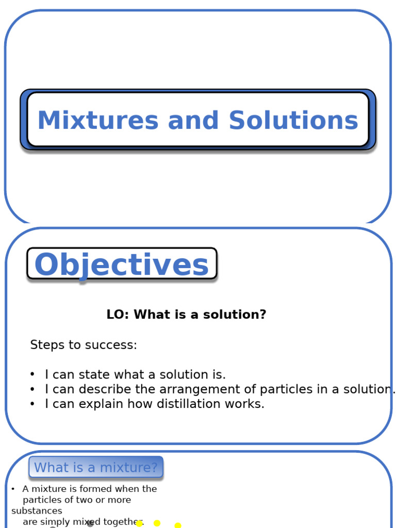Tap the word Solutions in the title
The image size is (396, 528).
(x=293, y=121)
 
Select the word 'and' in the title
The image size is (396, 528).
(x=193, y=121)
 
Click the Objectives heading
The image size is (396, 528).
(x=122, y=265)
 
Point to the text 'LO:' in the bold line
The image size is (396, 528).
(x=118, y=315)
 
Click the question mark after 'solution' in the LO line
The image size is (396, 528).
(x=263, y=315)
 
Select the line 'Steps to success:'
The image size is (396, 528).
(x=84, y=345)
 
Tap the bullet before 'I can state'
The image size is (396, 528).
(x=32, y=374)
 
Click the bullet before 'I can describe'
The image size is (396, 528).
(x=32, y=389)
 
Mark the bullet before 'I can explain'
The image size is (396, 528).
(x=32, y=404)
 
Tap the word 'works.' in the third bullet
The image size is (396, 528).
(x=246, y=404)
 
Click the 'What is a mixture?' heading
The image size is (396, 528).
(x=96, y=468)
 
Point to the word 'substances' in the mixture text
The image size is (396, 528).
(x=37, y=511)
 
